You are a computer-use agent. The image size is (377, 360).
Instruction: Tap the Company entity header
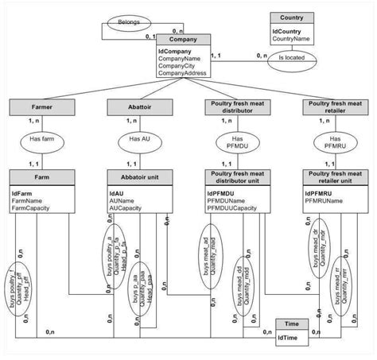tap(183, 38)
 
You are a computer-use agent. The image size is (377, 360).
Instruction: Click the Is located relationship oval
tap(291, 57)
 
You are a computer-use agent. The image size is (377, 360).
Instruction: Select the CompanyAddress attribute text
tap(183, 73)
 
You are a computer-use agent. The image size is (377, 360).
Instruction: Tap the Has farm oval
tap(41, 139)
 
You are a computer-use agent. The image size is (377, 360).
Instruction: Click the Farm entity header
tap(41, 175)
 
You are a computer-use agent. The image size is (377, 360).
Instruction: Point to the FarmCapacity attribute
tap(32, 209)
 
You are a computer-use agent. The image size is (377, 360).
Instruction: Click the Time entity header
tap(291, 325)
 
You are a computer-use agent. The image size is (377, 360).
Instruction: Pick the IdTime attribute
tap(287, 339)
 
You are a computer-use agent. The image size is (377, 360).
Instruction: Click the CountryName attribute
tap(290, 37)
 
